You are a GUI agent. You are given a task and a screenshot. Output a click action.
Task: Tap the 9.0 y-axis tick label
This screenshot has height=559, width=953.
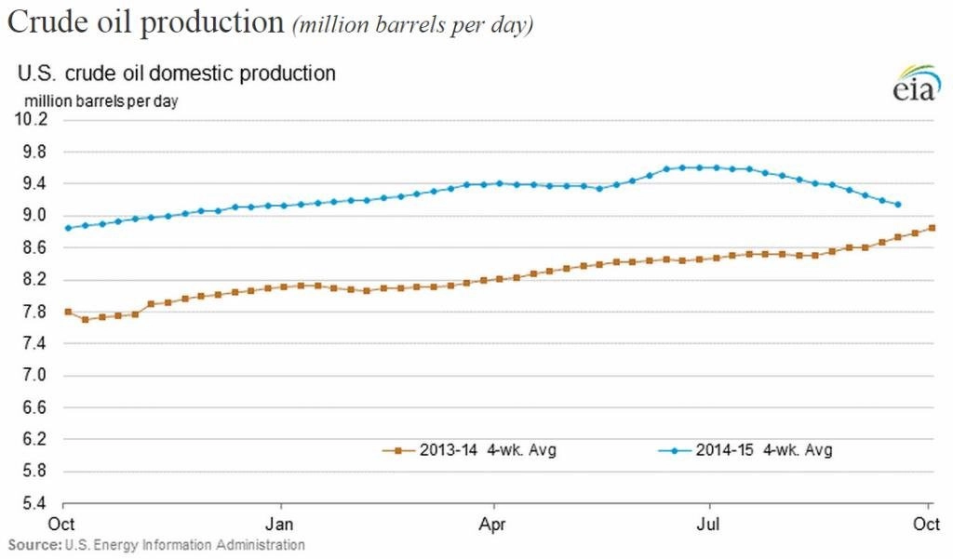tap(34, 215)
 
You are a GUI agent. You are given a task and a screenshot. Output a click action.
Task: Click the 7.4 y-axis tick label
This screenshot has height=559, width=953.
tap(34, 343)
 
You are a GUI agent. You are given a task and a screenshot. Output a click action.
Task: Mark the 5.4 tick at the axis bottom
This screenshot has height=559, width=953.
tap(34, 503)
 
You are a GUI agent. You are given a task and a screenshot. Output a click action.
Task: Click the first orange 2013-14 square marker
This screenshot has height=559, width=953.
tap(68, 312)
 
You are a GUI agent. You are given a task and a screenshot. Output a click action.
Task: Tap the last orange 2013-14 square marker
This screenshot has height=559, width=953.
tap(932, 228)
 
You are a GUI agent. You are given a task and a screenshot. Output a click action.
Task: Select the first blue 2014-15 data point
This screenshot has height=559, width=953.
tap(68, 228)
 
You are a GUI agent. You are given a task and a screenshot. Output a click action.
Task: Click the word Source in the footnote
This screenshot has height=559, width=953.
tap(29, 544)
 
